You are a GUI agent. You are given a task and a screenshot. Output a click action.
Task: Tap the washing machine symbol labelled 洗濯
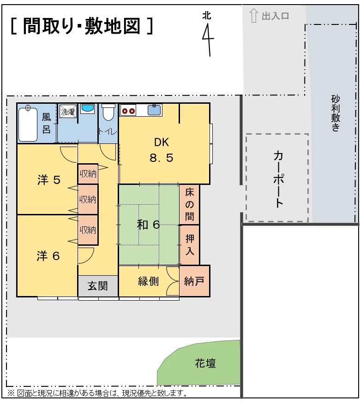68,111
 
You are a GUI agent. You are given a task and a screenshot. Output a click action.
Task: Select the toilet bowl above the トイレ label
108,113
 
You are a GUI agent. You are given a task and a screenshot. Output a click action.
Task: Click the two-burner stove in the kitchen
128,111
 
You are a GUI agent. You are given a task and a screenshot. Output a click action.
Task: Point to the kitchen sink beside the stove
155,110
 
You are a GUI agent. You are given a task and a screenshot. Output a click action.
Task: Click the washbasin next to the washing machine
88,109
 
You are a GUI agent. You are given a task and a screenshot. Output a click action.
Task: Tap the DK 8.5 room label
162,150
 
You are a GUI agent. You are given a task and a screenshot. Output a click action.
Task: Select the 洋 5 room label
48,180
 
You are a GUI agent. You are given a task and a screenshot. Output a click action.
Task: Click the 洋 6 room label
48,256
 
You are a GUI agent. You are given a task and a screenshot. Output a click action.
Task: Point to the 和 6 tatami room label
149,225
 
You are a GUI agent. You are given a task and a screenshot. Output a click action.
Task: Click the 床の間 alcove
189,205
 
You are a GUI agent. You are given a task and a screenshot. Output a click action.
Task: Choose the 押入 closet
189,245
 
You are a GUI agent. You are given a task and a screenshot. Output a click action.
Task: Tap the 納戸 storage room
195,281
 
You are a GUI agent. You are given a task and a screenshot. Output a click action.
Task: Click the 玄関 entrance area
98,286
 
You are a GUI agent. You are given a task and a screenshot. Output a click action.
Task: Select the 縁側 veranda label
149,281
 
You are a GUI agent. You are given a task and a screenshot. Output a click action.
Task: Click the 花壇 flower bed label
205,363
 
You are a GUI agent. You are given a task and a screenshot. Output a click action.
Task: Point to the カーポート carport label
278,179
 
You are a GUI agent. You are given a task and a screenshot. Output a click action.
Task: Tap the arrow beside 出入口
254,15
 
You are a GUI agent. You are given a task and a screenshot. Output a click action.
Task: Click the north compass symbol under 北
208,40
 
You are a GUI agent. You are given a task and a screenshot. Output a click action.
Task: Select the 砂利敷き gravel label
336,113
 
